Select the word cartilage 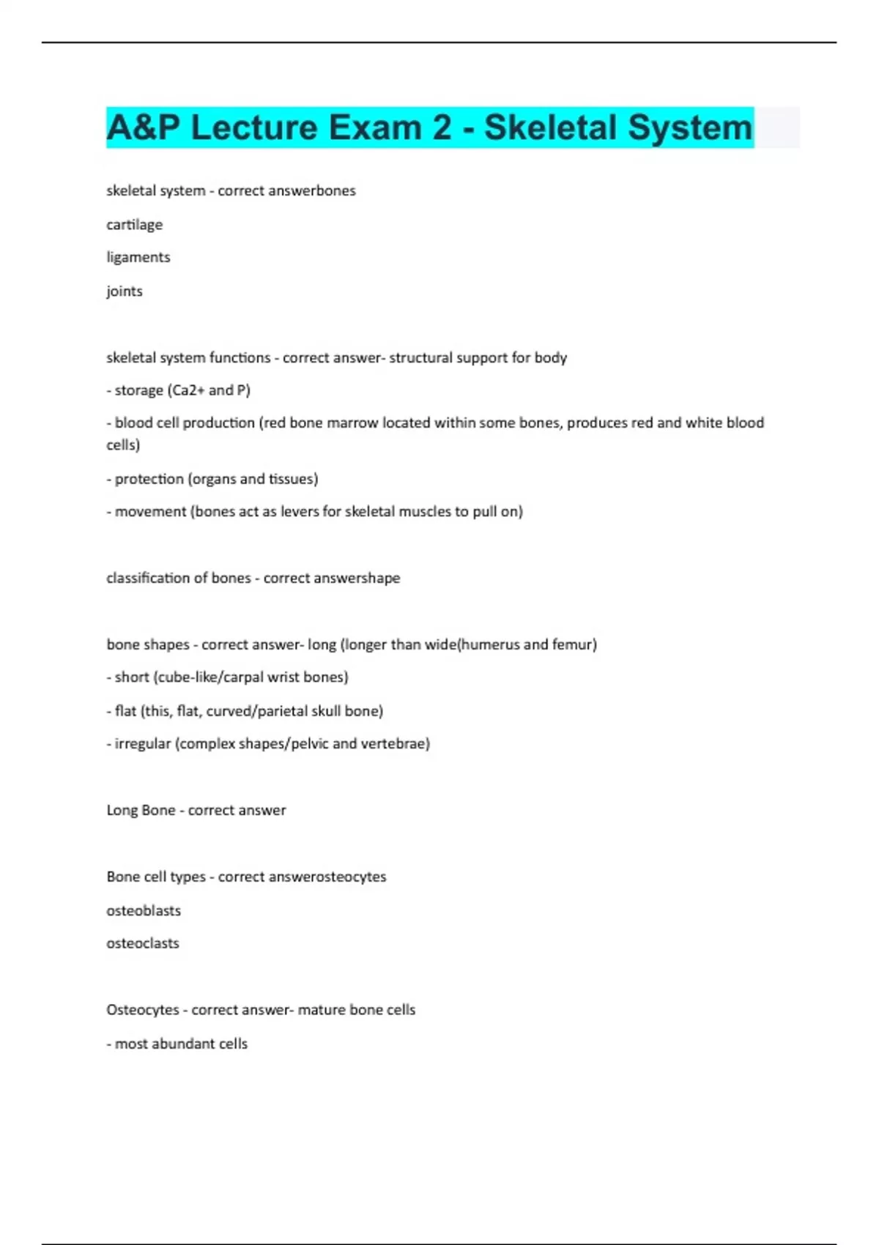(x=134, y=225)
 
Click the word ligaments (x=138, y=257)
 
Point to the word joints (x=124, y=291)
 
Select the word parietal (x=271, y=710)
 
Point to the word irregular (x=142, y=743)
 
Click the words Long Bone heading (x=141, y=810)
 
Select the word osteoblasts (x=143, y=910)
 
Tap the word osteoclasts (x=142, y=943)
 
